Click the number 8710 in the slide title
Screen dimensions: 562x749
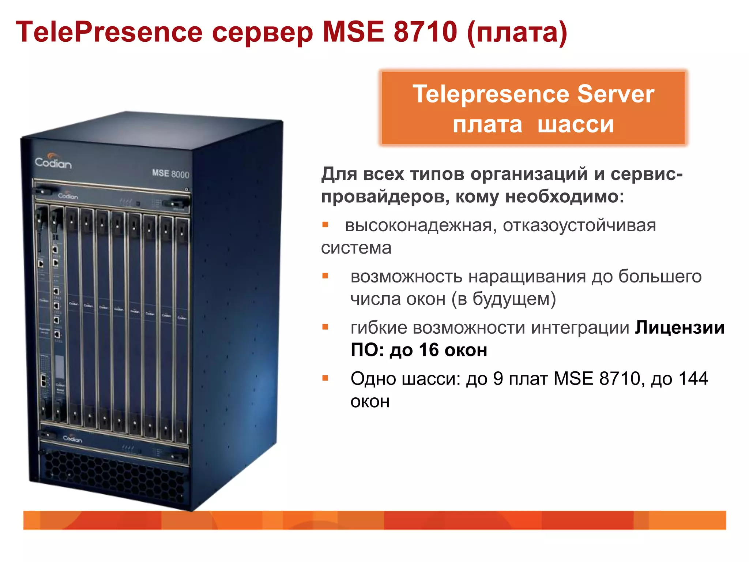click(425, 32)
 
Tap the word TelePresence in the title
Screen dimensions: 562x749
click(109, 32)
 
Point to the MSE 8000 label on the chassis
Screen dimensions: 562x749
click(170, 173)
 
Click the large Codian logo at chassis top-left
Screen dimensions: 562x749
click(53, 162)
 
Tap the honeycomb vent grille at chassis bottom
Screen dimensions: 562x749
click(113, 476)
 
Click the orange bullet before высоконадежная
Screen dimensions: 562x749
click(325, 225)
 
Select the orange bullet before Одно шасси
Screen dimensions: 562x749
click(325, 378)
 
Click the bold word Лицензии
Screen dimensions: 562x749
click(680, 328)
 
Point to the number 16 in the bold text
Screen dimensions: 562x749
click(429, 350)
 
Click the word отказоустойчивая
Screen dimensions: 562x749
click(579, 225)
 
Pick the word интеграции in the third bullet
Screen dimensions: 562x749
click(580, 328)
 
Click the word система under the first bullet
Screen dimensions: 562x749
click(356, 248)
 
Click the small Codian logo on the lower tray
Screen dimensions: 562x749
click(72, 438)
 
